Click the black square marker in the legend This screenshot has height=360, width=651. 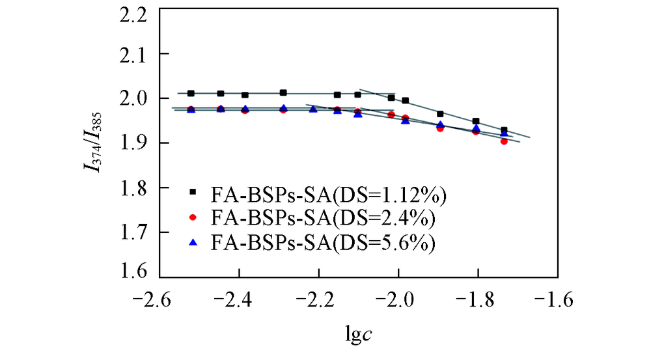pos(193,191)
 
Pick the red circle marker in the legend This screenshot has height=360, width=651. pos(193,216)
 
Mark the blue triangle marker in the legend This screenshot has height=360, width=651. pos(193,241)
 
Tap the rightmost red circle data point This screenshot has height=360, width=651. pos(504,141)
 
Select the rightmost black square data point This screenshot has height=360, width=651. pos(504,130)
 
